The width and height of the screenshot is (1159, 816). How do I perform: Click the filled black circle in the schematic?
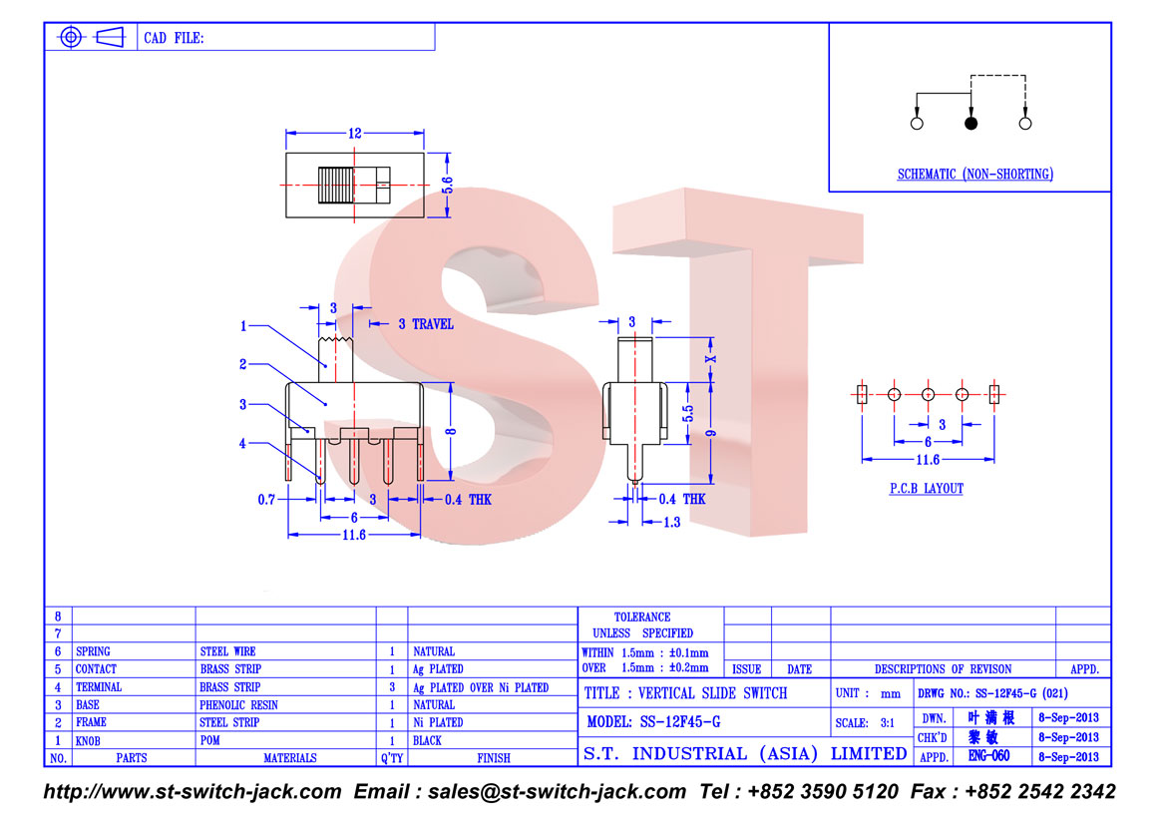(970, 124)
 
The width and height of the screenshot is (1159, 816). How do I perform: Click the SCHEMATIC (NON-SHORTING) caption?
(974, 175)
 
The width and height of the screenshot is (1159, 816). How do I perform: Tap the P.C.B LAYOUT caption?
(927, 489)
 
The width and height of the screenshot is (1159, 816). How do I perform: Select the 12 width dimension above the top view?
(355, 133)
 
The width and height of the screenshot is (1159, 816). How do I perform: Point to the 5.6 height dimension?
(448, 185)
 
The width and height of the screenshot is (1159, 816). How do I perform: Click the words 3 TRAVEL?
(426, 324)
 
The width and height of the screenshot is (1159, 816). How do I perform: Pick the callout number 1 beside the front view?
(243, 326)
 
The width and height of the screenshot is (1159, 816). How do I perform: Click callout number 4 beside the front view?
(242, 444)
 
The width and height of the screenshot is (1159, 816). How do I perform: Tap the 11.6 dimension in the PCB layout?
(928, 460)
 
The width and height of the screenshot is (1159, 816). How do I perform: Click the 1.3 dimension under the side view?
(671, 523)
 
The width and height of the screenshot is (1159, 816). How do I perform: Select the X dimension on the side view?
(711, 359)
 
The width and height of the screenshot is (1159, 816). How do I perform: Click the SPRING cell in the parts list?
(93, 651)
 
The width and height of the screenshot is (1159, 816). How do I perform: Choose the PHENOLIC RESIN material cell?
(238, 705)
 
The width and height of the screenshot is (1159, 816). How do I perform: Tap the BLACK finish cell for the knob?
(427, 740)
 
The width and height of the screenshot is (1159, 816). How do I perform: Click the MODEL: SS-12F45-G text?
(653, 722)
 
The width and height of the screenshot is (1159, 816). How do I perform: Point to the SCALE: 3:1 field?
(865, 723)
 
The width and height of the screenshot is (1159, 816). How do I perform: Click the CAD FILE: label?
(174, 38)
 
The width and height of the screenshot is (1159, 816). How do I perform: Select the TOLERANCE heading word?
(642, 616)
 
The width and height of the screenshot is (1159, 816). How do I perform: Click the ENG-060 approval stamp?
(989, 755)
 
